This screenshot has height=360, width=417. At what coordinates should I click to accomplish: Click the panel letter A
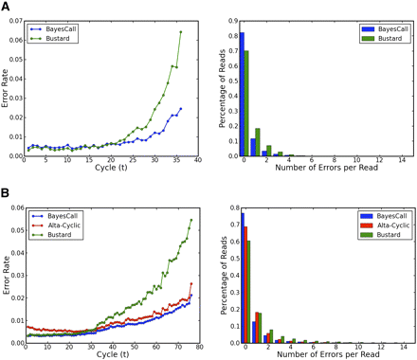[x=7, y=8]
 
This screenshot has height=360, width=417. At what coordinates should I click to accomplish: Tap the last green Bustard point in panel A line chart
[x=180, y=32]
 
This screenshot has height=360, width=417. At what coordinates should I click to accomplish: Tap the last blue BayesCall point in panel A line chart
[x=180, y=108]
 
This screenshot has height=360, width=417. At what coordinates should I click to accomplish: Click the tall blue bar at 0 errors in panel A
[x=243, y=94]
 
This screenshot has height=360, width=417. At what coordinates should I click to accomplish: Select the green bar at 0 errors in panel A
[x=248, y=103]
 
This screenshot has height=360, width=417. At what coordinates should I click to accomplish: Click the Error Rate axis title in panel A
[x=7, y=86]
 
